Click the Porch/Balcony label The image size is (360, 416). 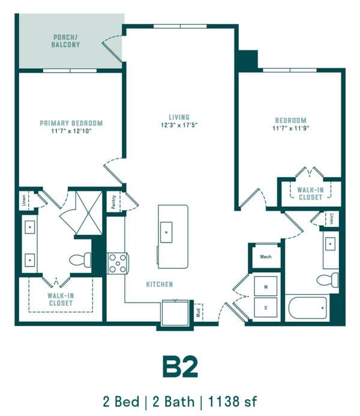(65, 41)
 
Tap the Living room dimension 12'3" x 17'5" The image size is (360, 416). (179, 125)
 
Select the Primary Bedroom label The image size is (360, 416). (71, 123)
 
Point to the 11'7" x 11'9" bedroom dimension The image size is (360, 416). (291, 128)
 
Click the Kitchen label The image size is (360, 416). (160, 285)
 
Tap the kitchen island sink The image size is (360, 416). (166, 232)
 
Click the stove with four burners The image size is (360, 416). (118, 264)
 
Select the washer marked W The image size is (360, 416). (266, 286)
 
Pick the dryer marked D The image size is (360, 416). (266, 307)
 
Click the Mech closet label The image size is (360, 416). (266, 256)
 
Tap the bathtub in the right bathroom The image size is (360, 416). (308, 308)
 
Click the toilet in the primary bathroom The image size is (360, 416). (80, 260)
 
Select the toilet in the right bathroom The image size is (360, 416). (328, 280)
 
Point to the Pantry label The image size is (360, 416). (114, 202)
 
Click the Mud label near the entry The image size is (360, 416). (198, 313)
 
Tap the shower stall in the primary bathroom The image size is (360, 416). (89, 213)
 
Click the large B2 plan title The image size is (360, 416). (180, 367)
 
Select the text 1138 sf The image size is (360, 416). (232, 402)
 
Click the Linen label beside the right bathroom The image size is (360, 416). (331, 219)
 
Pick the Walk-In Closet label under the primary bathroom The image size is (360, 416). (61, 300)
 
